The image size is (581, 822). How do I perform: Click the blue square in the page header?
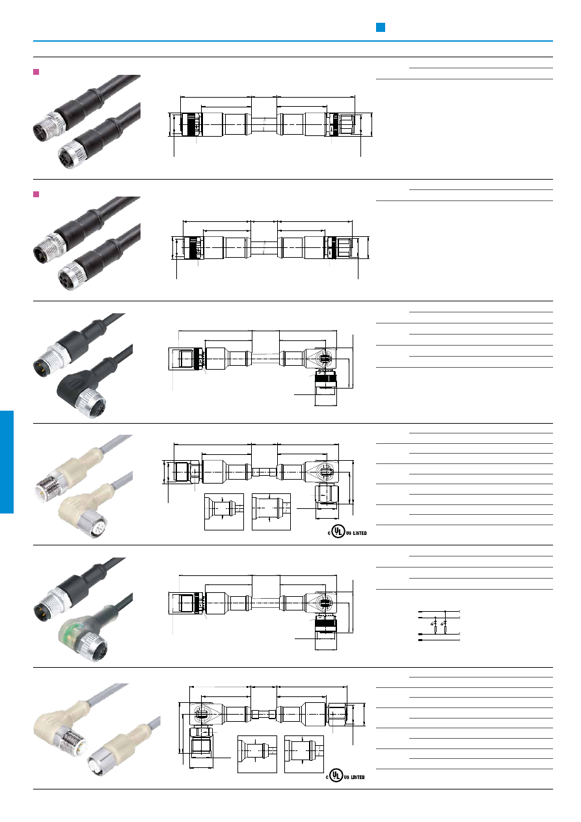point(381,27)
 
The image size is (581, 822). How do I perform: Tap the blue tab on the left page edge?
point(7,461)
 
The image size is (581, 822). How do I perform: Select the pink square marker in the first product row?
point(36,72)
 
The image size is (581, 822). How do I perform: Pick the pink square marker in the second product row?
point(36,194)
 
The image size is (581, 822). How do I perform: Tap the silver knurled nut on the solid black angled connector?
point(90,404)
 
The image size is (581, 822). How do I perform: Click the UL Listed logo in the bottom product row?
point(345,775)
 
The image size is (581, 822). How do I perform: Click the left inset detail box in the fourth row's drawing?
point(224,512)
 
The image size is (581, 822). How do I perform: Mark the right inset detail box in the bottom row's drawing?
point(304,754)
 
